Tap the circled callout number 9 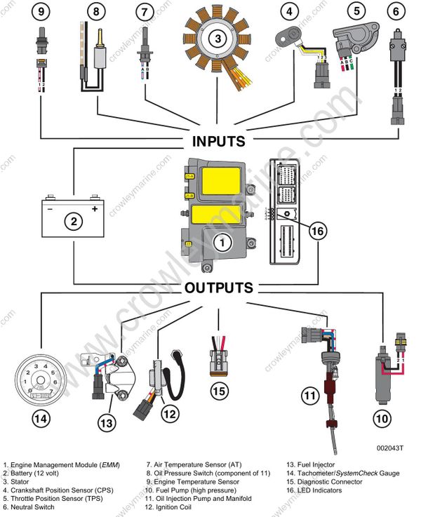point(41,11)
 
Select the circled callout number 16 point(318,231)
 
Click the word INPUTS point(219,141)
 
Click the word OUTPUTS point(218,288)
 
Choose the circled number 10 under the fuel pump point(381,419)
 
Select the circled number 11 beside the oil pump point(309,396)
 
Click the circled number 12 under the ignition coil point(169,415)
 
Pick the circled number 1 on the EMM point(222,243)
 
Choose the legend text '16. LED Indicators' point(316,490)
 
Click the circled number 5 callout point(358,11)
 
